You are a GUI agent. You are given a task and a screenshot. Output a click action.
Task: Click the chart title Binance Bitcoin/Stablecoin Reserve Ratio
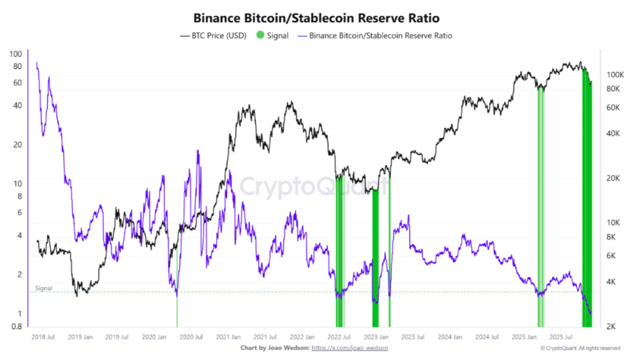(321, 18)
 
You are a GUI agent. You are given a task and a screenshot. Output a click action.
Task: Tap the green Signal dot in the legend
(259, 36)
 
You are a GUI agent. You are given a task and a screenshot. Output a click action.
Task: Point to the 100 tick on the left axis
(16, 54)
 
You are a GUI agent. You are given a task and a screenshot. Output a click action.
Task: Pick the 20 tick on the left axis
(18, 144)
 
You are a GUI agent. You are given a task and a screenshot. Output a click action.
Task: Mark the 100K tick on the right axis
(615, 75)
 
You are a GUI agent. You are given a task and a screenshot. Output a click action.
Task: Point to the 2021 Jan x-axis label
(227, 337)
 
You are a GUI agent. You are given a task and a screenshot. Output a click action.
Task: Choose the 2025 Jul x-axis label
(561, 337)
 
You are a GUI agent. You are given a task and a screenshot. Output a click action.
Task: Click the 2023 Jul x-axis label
(413, 337)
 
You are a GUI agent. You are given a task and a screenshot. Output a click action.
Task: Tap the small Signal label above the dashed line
(43, 288)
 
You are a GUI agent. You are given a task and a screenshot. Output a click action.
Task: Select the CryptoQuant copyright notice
(580, 348)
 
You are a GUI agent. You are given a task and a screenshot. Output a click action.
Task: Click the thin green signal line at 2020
(177, 312)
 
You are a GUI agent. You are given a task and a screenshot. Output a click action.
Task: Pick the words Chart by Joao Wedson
(274, 348)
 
